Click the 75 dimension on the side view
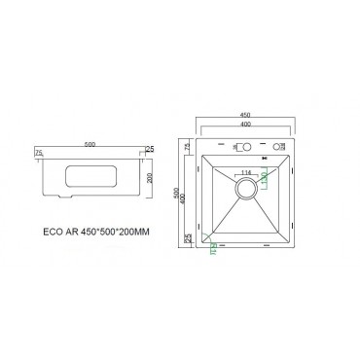pyautogui.click(x=39, y=153)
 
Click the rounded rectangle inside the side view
pyautogui.click(x=87, y=180)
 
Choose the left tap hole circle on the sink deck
pyautogui.click(x=243, y=149)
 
